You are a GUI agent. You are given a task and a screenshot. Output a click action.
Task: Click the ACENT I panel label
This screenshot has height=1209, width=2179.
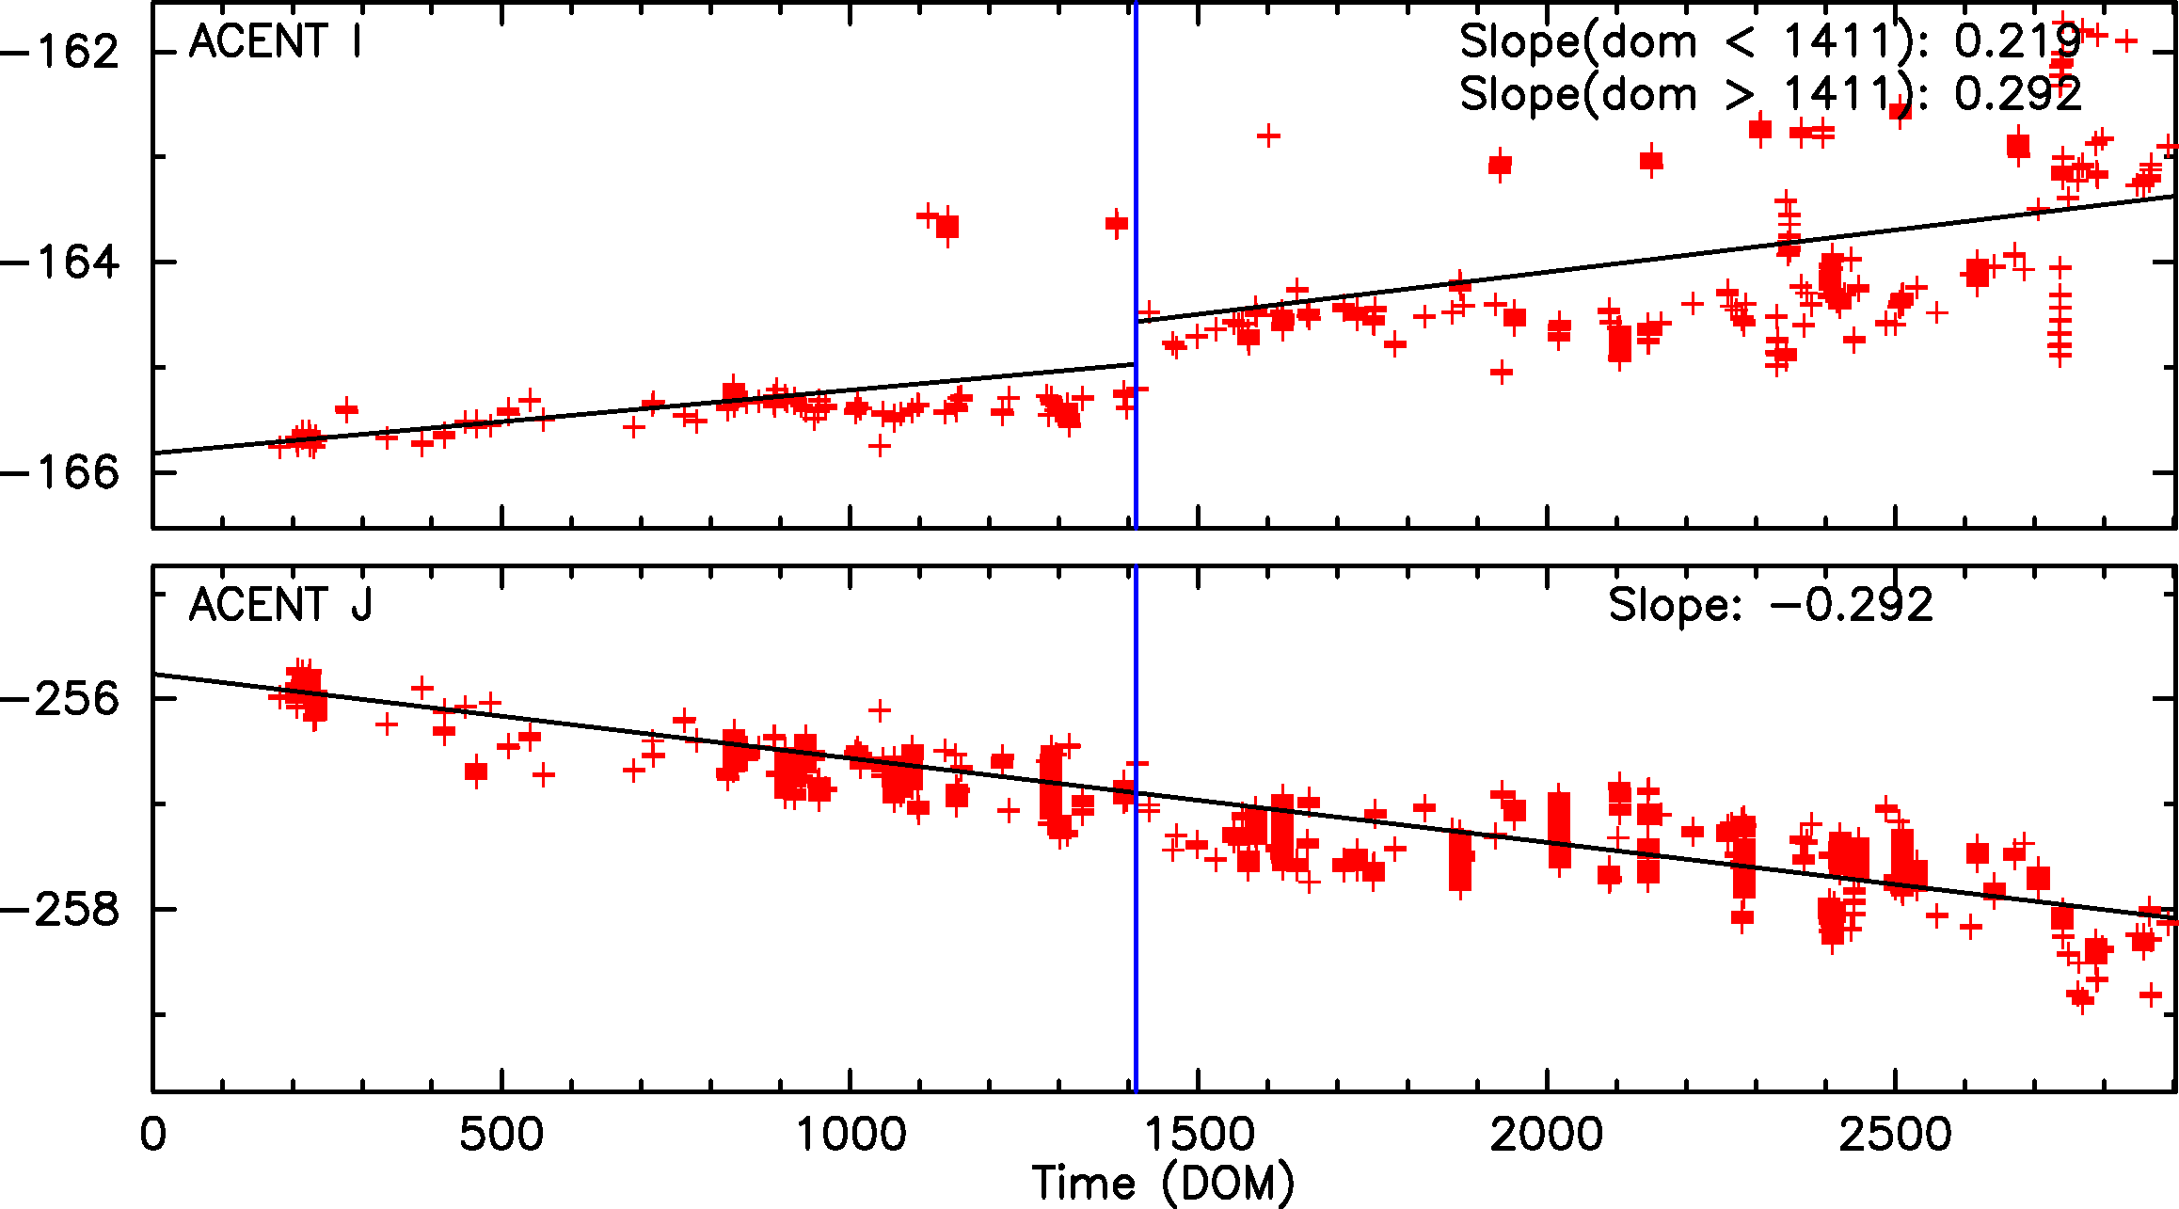point(275,42)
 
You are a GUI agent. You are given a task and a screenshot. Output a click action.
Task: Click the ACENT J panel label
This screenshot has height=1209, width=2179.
point(280,605)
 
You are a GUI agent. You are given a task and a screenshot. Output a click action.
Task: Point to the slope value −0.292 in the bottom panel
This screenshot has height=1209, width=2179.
point(1851,605)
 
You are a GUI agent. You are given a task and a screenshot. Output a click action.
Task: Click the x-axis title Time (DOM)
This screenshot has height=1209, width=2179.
point(1163,1183)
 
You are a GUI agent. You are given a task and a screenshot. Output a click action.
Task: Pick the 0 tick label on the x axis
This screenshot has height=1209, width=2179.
point(152,1134)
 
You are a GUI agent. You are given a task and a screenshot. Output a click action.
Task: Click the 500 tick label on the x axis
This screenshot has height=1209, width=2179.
point(501,1134)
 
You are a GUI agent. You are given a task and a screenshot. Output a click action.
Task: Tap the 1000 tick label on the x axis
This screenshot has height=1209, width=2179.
point(851,1134)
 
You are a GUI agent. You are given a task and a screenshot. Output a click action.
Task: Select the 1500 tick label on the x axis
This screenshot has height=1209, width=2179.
point(1199,1134)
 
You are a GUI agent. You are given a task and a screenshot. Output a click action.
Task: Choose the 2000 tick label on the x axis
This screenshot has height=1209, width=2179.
point(1547,1134)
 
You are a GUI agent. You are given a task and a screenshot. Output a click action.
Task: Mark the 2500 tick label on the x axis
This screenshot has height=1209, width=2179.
point(1896,1134)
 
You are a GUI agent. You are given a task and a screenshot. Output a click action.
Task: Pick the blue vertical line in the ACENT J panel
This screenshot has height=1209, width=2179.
point(1137,941)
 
